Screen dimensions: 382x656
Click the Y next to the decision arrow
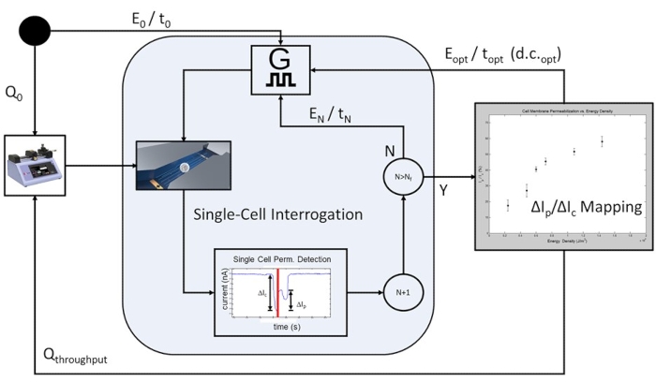pos(441,191)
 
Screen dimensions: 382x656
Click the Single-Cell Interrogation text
pos(278,215)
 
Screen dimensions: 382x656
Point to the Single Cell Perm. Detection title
pos(279,257)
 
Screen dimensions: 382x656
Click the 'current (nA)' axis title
pos(225,290)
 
